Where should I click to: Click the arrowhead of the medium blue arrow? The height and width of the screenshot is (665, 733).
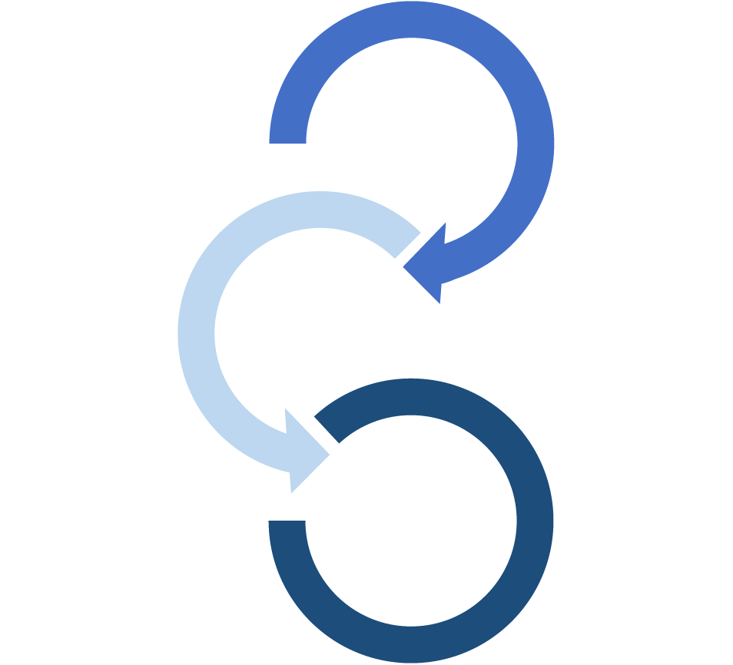[429, 264]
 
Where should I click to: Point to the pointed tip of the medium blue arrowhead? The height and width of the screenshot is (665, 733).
[404, 266]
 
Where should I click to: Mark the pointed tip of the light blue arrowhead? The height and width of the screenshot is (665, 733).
[329, 455]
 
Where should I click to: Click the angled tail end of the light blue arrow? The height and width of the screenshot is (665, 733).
[406, 244]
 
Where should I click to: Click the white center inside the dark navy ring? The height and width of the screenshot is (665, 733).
[411, 520]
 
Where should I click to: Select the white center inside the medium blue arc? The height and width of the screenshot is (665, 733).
[412, 143]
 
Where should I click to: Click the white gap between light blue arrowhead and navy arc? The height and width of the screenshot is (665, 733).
[322, 437]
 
